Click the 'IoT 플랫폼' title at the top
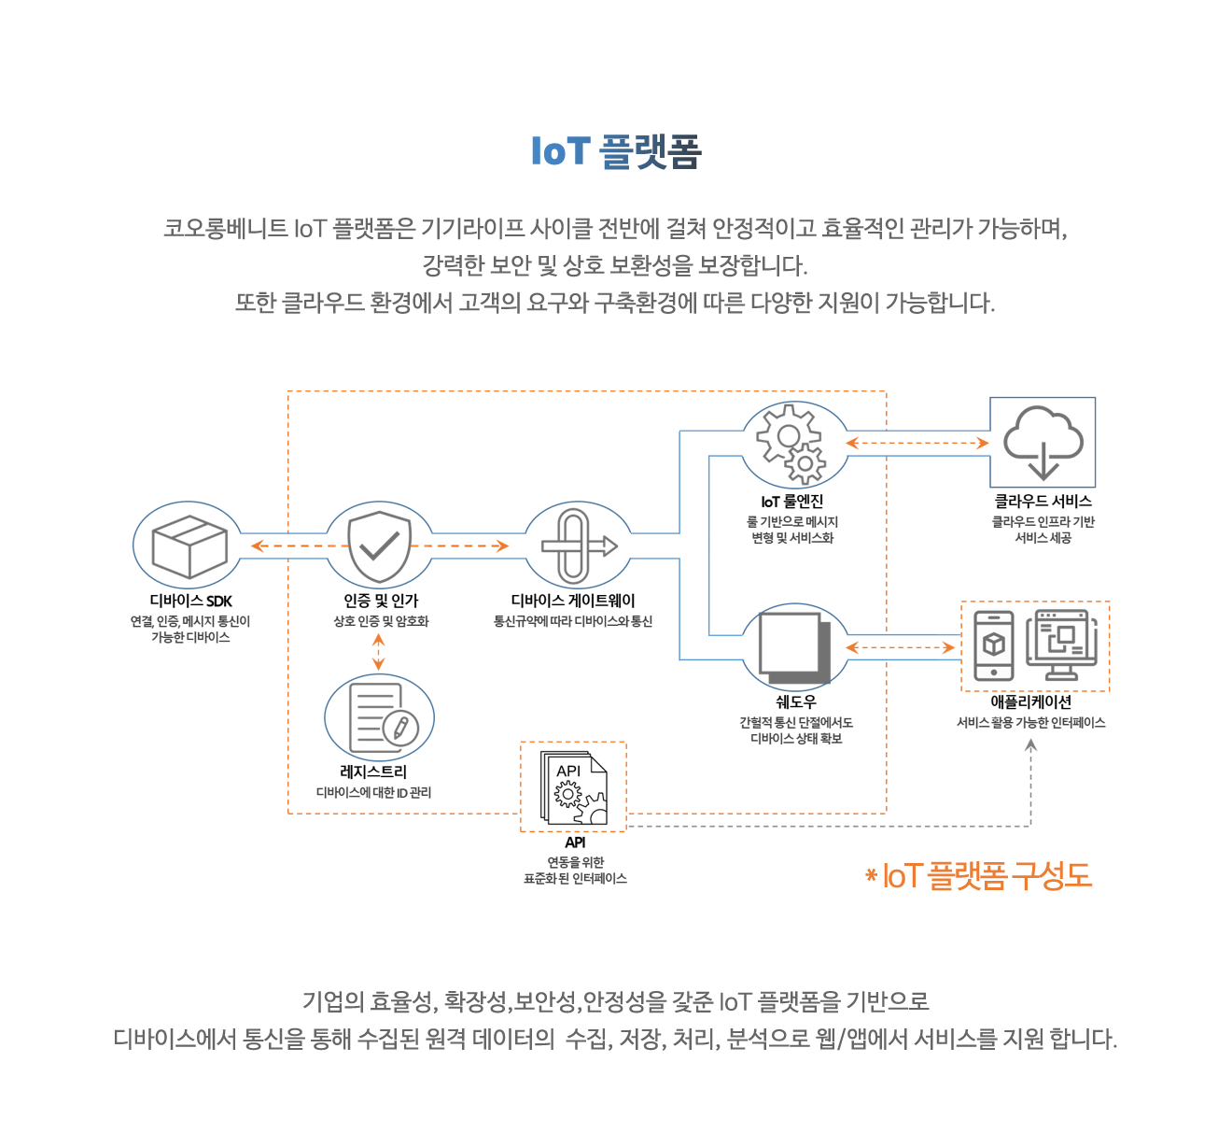(x=616, y=151)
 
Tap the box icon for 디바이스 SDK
(x=189, y=546)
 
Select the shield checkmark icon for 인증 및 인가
(x=379, y=546)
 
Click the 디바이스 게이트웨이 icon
(x=578, y=546)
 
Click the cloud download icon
(x=1043, y=442)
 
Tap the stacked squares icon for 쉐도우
(x=794, y=646)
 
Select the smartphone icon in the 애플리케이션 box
(x=993, y=645)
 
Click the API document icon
(x=573, y=786)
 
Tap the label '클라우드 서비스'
(x=1043, y=502)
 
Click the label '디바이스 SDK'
(x=190, y=602)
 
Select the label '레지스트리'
(x=373, y=772)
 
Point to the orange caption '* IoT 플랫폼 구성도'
(x=978, y=876)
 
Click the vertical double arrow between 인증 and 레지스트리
(x=378, y=652)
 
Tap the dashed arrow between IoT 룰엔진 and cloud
(x=917, y=443)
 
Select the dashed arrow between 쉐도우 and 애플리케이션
(x=900, y=647)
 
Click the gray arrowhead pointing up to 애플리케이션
(x=1030, y=745)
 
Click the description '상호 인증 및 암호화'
(x=381, y=621)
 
